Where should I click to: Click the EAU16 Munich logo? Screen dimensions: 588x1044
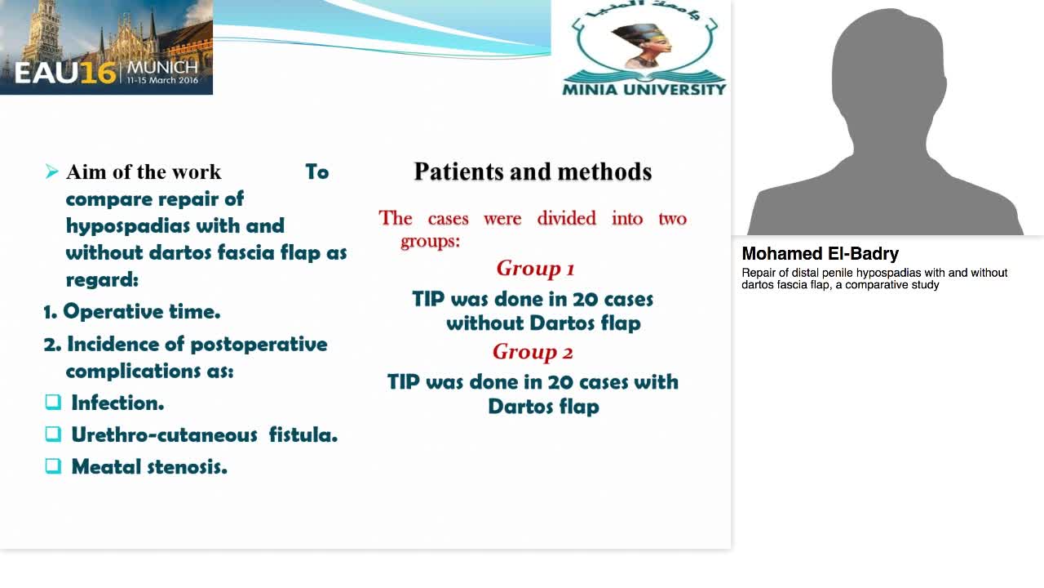[106, 47]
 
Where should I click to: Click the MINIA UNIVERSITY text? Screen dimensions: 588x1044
[644, 88]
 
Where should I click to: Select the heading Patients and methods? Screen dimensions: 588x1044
[533, 171]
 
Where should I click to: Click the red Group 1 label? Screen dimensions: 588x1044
[535, 268]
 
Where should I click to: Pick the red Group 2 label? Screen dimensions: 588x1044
[533, 352]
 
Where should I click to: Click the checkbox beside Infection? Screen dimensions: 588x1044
[53, 402]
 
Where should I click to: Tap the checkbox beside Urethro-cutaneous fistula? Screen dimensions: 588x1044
[53, 434]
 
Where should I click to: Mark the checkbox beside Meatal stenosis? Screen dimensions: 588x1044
[53, 465]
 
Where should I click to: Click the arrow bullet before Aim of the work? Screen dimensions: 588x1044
[52, 171]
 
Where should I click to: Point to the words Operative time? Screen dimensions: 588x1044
[142, 311]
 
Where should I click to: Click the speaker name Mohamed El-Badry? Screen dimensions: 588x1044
[820, 254]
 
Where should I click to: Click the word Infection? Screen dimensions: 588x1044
[117, 403]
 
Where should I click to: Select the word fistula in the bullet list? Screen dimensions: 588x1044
[303, 434]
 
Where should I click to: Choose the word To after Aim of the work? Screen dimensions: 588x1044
[316, 171]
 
